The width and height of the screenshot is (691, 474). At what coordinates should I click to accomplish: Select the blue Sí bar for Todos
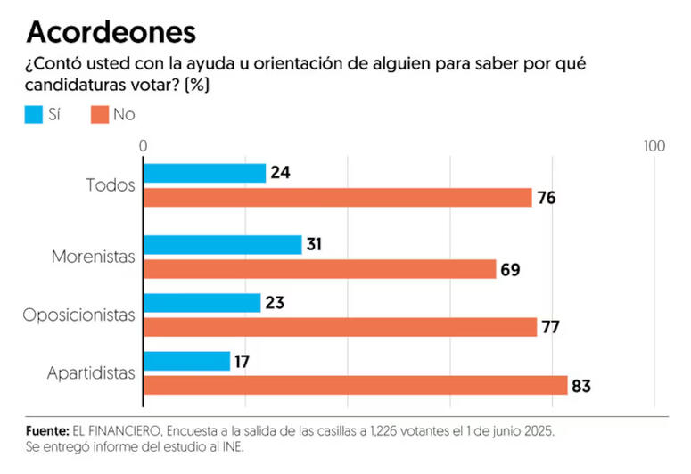[204, 173]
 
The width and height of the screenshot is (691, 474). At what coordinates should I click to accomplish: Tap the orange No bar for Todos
[337, 197]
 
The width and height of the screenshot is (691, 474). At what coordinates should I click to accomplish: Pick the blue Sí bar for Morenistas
[222, 244]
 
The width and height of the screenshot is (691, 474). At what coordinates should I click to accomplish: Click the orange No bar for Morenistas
[319, 268]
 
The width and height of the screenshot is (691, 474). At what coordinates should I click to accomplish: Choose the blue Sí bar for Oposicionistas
[202, 303]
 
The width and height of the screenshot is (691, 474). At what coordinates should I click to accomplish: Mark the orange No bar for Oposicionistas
[340, 327]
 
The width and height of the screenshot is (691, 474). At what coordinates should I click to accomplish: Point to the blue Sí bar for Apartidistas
[186, 361]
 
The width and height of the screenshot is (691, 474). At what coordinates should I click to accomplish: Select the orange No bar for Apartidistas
[355, 385]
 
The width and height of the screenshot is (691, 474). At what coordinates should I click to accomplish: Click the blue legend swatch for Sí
[35, 114]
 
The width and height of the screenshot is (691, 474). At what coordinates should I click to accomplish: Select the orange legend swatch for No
[99, 114]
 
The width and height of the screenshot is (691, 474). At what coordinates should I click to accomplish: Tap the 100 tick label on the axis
[654, 145]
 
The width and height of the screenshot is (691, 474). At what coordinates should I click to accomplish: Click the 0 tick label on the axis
[143, 145]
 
